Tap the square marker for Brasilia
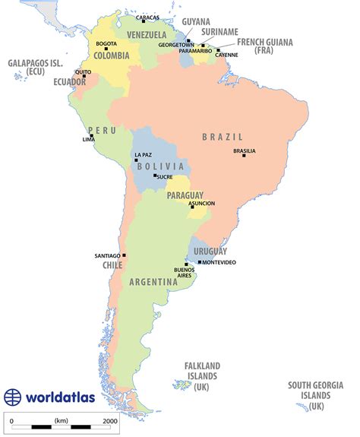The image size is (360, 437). point(243,156)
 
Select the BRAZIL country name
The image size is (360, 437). point(222,137)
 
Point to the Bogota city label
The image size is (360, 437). point(106,43)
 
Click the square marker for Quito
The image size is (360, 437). point(84,76)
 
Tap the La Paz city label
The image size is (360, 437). point(143,155)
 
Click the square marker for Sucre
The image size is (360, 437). point(155,176)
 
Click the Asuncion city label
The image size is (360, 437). point(201,203)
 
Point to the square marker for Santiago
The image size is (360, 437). point(124,255)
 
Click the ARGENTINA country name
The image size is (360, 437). point(153,282)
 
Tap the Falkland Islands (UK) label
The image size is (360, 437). point(201,375)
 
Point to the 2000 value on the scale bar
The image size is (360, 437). point(109,420)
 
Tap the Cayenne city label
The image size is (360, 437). point(226,55)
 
